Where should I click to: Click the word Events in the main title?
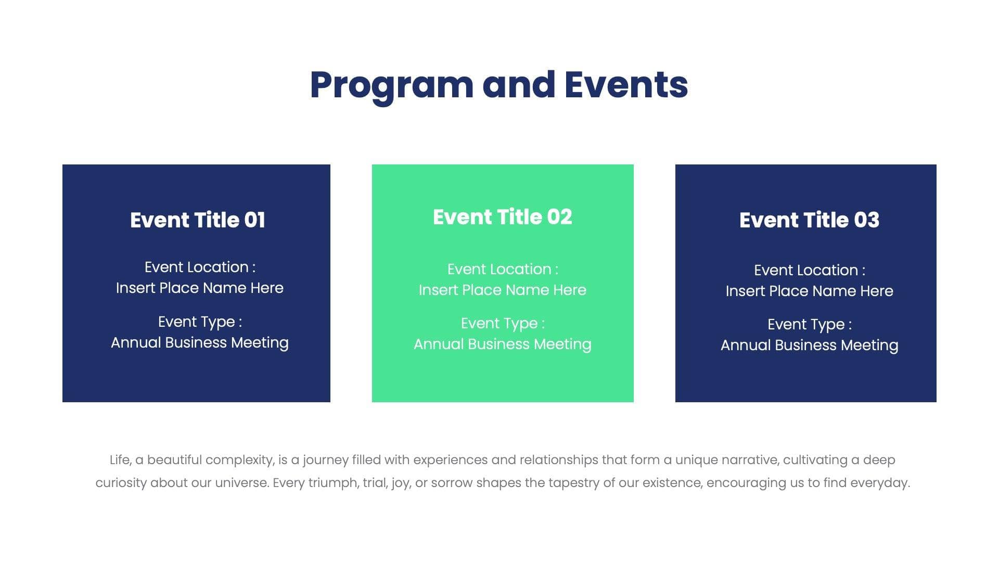(626, 85)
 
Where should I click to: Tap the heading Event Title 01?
(197, 220)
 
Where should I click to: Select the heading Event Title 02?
(502, 217)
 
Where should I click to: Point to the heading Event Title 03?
(809, 220)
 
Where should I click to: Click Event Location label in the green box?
(502, 269)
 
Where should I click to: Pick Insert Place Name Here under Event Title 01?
(199, 288)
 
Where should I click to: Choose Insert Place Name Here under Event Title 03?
(809, 291)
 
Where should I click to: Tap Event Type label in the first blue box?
(199, 322)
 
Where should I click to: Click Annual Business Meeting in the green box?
(502, 344)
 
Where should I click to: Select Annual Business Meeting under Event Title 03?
(809, 345)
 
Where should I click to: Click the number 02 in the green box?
(559, 217)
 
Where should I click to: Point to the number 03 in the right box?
(866, 220)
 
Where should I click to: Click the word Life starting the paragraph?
(119, 460)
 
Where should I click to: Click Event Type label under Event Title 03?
(809, 324)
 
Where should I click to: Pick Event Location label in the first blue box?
(199, 267)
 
